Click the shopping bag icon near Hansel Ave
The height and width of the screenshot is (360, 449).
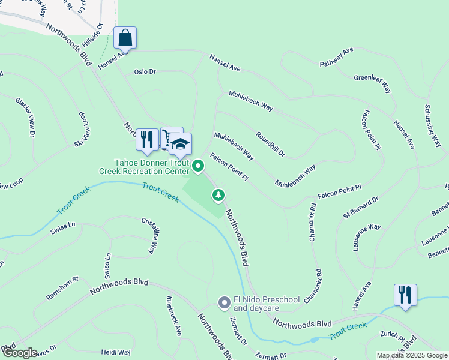[125, 37]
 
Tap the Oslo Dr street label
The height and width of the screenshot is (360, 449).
[145, 71]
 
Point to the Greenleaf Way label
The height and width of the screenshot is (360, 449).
[373, 83]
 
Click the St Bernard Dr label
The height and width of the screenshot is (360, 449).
[361, 207]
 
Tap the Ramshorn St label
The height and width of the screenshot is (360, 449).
[62, 289]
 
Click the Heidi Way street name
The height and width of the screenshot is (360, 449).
[116, 352]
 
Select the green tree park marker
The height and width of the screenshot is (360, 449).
[219, 194]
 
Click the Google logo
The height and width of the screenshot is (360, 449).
[19, 353]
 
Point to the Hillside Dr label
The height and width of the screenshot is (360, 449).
[94, 37]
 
